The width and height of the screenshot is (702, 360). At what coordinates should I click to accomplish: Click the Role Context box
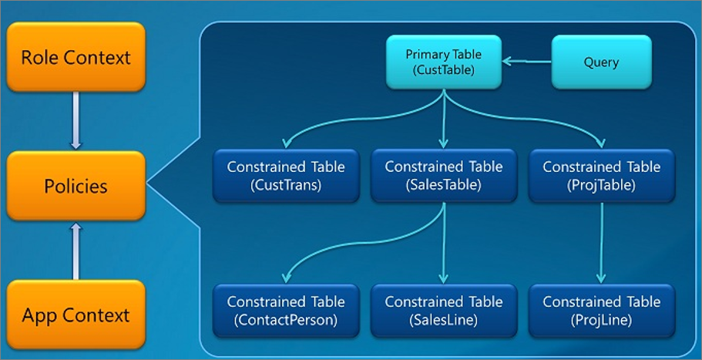pos(76,58)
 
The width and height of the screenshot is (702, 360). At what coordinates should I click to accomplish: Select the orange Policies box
pos(76,186)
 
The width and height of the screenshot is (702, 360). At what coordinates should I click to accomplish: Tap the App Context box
pos(76,315)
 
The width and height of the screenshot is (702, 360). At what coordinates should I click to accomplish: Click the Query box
pos(601,62)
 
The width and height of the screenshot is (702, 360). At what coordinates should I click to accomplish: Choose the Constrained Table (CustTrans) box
pos(286,176)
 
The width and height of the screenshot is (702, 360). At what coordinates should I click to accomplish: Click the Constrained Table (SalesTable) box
pos(444,176)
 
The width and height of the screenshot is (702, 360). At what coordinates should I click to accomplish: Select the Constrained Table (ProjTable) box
pos(601,176)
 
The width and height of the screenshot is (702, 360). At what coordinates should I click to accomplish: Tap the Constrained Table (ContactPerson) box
pos(286,311)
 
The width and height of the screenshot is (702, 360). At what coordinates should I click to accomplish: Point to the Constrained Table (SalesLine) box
pos(444,311)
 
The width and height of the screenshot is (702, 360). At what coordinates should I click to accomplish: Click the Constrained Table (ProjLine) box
pos(601,311)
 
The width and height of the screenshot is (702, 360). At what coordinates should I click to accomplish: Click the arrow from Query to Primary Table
pos(526,62)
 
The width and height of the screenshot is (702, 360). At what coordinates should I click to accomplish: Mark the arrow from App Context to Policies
pos(76,250)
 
